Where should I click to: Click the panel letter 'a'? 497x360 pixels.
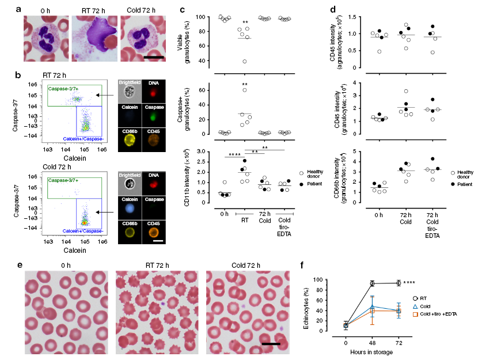pos(20,9)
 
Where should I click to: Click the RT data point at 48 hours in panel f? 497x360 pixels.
pos(373,283)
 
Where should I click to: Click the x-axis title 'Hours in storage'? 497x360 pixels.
pos(372,353)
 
